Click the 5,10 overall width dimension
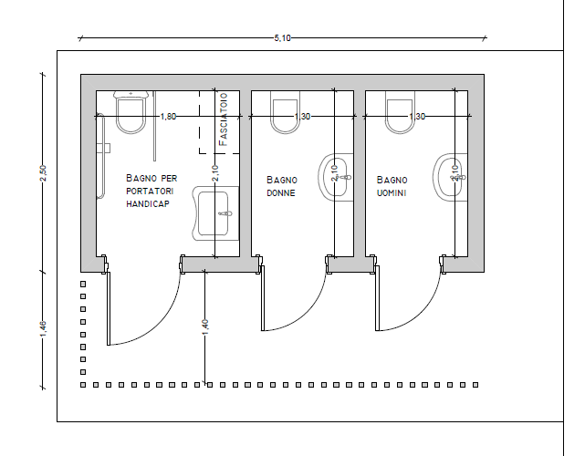pyautogui.click(x=282, y=38)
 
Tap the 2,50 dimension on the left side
pyautogui.click(x=43, y=173)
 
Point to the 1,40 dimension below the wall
pyautogui.click(x=204, y=326)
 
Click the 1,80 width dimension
pyautogui.click(x=168, y=117)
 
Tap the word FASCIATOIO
pyautogui.click(x=223, y=119)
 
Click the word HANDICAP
pyautogui.click(x=148, y=204)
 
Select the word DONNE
pyautogui.click(x=281, y=193)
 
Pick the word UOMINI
pyautogui.click(x=392, y=193)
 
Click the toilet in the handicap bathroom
pyautogui.click(x=131, y=112)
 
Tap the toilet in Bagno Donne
pyautogui.click(x=285, y=112)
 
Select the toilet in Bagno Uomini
pyautogui.click(x=400, y=112)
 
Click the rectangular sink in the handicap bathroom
pyautogui.click(x=215, y=213)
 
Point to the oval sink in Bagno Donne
pyautogui.click(x=336, y=178)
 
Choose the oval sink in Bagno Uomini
pyautogui.click(x=450, y=178)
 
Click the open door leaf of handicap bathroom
pyautogui.click(x=109, y=309)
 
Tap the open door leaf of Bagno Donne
pyautogui.click(x=263, y=298)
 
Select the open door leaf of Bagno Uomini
pyautogui.click(x=377, y=298)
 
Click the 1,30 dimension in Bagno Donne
pyautogui.click(x=302, y=117)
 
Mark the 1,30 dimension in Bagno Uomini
pyautogui.click(x=417, y=117)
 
